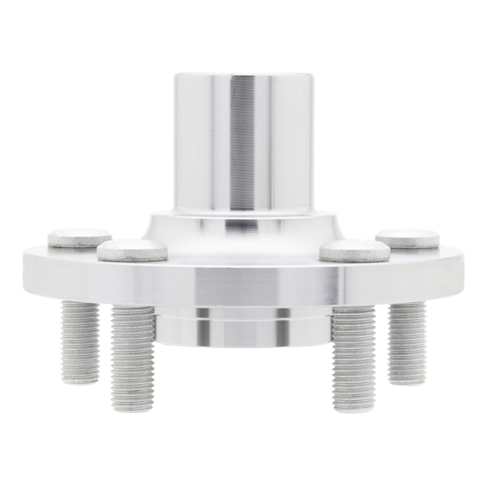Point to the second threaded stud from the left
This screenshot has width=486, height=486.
(x=132, y=355)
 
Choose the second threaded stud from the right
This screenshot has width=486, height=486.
(x=354, y=355)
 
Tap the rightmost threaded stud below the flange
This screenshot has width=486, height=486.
(x=408, y=340)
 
